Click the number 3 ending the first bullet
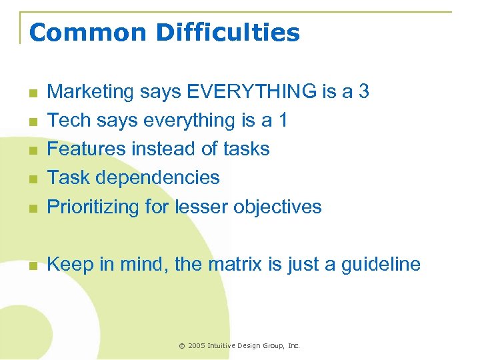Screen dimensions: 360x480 (x=363, y=91)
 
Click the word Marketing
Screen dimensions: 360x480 (x=92, y=91)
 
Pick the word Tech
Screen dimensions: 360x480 (x=69, y=120)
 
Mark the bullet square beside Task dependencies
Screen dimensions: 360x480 (x=31, y=179)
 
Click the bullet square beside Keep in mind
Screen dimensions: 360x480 (x=31, y=266)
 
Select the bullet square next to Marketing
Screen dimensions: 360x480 (x=31, y=93)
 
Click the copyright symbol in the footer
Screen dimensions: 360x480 (x=182, y=345)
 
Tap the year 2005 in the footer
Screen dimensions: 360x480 (x=197, y=345)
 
